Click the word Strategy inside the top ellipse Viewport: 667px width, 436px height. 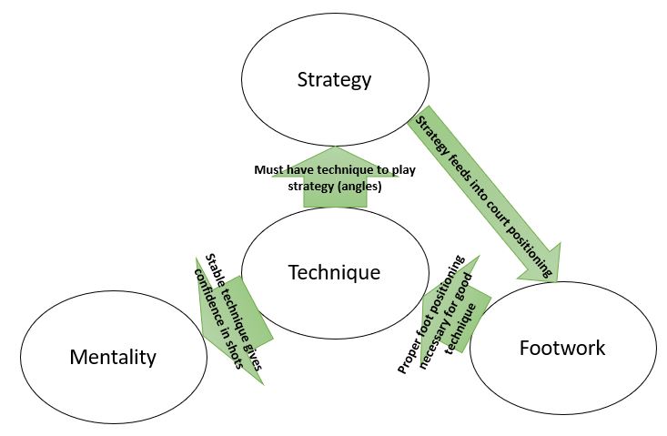334,79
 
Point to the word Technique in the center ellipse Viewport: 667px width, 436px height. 334,271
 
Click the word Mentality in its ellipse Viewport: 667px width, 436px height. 113,357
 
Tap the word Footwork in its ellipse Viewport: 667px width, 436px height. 561,348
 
